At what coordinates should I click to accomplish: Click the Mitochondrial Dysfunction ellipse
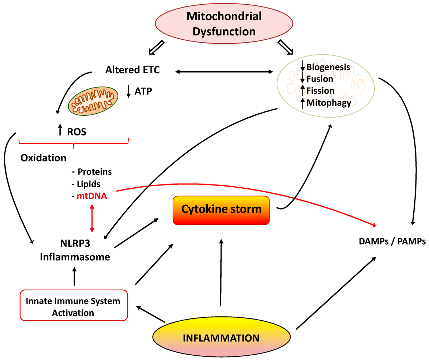point(224,24)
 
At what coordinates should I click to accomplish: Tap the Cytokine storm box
point(221,210)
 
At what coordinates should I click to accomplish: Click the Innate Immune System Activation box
point(74,306)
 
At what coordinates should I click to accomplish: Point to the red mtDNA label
point(92,196)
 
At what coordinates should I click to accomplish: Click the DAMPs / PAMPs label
point(392,241)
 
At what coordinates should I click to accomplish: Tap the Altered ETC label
point(133,70)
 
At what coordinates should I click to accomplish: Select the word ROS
point(77,132)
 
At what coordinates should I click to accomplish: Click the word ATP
point(143,91)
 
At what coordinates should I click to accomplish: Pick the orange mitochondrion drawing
point(93,101)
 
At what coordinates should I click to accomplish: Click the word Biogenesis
point(328,67)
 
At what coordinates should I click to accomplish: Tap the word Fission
point(320,91)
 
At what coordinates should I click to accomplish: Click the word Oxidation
point(43,158)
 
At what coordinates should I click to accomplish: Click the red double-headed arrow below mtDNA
point(92,218)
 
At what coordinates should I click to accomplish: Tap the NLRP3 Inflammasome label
point(75,250)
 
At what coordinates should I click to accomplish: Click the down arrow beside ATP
point(129,92)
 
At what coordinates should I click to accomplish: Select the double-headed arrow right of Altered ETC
point(224,72)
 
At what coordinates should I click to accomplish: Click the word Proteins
point(94,172)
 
